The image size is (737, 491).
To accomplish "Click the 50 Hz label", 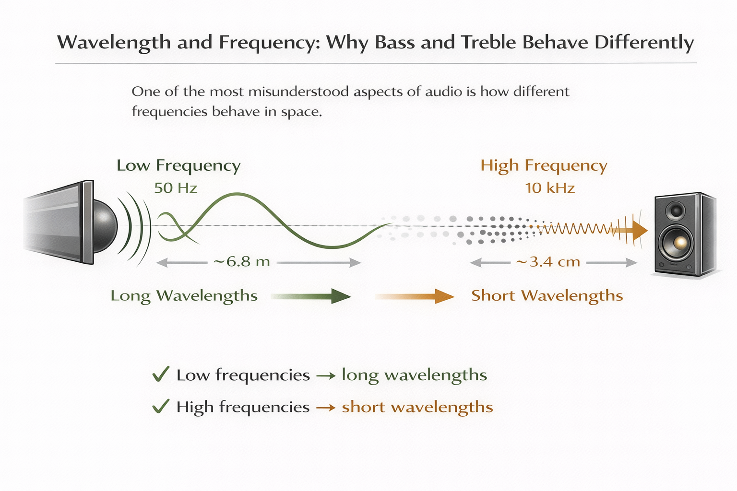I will tap(176, 188).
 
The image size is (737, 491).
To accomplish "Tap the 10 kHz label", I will tap(550, 188).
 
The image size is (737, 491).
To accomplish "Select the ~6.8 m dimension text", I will tap(242, 262).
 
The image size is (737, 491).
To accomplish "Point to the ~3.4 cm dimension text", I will tap(548, 262).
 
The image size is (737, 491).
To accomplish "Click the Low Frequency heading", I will tap(178, 165).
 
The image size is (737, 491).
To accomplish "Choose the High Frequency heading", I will tap(544, 165).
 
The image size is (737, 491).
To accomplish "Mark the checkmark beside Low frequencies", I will tap(161, 374).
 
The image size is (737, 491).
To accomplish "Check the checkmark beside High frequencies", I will tap(161, 406).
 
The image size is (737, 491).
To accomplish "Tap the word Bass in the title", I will tap(395, 42).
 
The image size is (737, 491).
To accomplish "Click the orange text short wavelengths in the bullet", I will tap(417, 407).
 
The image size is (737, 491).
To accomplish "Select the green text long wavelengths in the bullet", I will tap(414, 375).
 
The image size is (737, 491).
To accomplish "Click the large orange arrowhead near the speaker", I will tap(639, 230).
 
